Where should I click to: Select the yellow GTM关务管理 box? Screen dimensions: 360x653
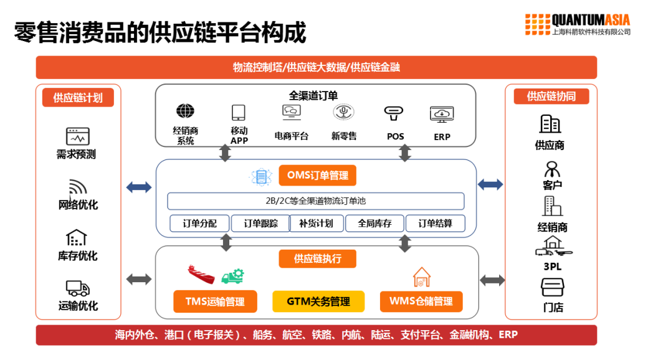pyautogui.click(x=318, y=301)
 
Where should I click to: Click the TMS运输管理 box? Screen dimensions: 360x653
pyautogui.click(x=215, y=302)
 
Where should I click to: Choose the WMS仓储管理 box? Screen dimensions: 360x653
pyautogui.click(x=421, y=301)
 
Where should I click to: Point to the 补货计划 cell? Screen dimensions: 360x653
pyautogui.click(x=316, y=224)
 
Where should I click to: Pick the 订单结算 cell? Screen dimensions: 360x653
pyautogui.click(x=435, y=224)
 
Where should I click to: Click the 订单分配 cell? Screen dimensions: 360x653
pyautogui.click(x=199, y=224)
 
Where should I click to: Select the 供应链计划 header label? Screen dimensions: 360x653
pyautogui.click(x=78, y=98)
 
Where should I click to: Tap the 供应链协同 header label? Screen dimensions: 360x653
pyautogui.click(x=551, y=97)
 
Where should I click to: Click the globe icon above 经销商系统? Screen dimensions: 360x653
pyautogui.click(x=185, y=111)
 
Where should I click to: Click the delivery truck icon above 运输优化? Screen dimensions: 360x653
pyautogui.click(x=78, y=288)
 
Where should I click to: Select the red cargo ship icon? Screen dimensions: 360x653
pyautogui.click(x=201, y=273)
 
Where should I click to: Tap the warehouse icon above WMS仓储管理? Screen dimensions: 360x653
pyautogui.click(x=422, y=277)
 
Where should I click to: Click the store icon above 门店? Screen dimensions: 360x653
pyautogui.click(x=551, y=287)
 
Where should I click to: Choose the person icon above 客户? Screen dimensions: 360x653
pyautogui.click(x=551, y=169)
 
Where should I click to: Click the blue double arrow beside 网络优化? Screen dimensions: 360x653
pyautogui.click(x=138, y=186)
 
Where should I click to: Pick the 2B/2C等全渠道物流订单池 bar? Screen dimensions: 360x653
pyautogui.click(x=315, y=201)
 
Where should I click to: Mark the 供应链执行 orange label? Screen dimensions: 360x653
pyautogui.click(x=318, y=258)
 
